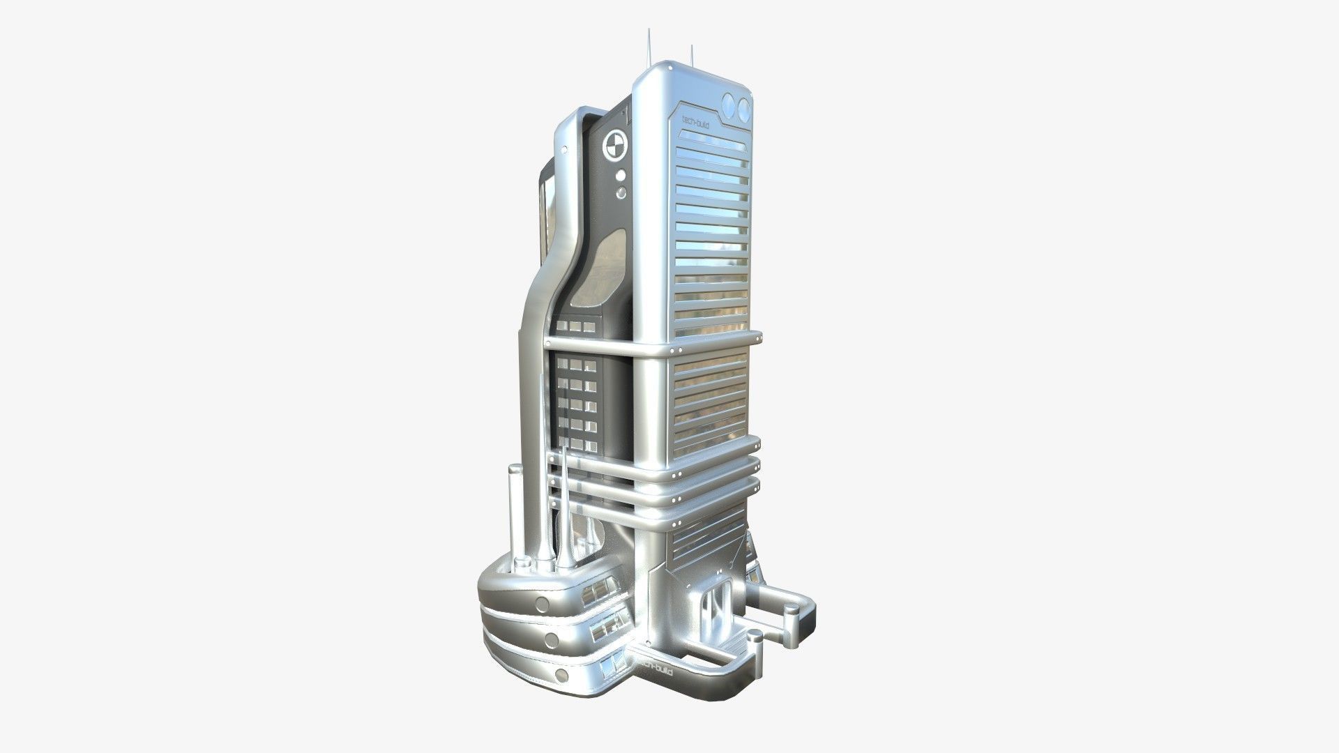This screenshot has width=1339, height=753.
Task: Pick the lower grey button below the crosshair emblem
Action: click(621, 192)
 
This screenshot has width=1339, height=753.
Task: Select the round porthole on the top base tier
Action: click(543, 604)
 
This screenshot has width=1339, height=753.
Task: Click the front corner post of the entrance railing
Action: click(755, 652)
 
